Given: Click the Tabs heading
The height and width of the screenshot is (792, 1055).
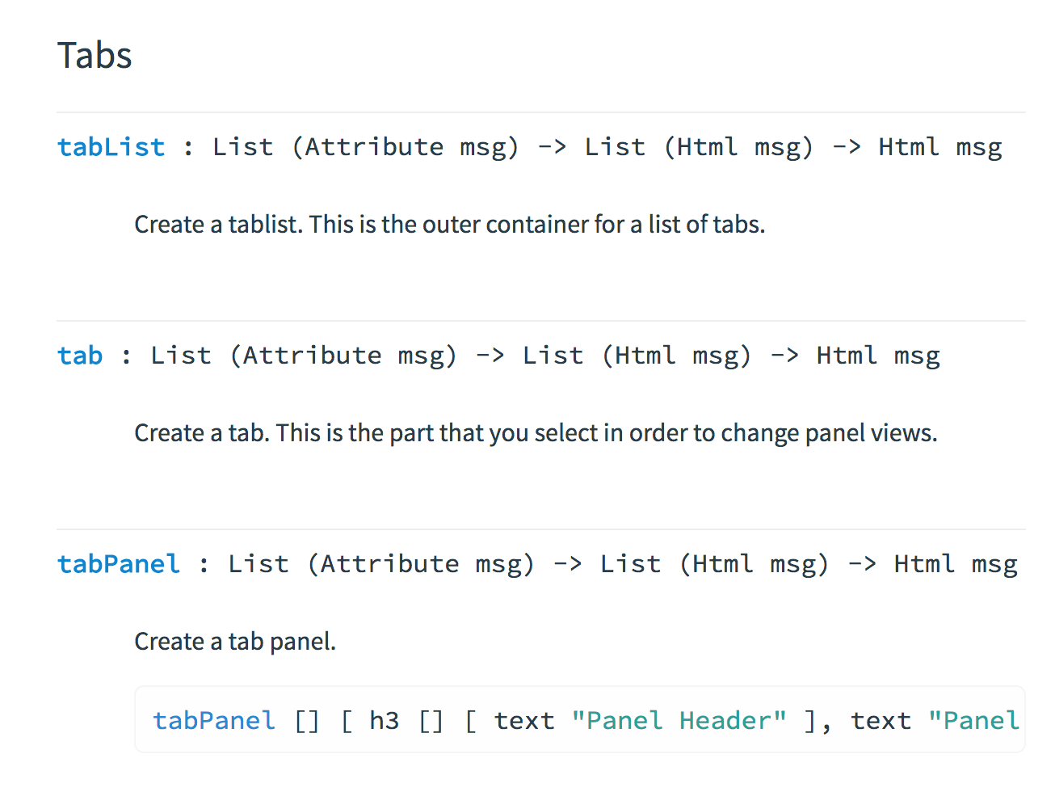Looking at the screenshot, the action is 95,56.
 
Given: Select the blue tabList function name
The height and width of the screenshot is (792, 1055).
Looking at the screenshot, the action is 111,147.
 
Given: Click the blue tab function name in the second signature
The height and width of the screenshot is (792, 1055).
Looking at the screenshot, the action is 80,356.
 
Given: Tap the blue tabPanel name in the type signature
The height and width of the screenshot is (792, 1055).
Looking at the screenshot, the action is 119,564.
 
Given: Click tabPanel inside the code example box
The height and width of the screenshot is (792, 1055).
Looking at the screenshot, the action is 214,721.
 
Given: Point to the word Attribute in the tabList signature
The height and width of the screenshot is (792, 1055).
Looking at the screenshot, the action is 374,147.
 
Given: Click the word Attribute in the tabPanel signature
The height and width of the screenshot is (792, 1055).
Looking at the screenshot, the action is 389,564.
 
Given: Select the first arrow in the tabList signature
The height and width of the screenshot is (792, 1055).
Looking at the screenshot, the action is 553,147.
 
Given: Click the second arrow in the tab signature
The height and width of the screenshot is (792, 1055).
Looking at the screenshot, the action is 784,356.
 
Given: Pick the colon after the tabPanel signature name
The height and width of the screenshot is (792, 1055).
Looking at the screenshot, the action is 204,564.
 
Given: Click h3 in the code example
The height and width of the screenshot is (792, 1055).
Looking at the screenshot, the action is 384,721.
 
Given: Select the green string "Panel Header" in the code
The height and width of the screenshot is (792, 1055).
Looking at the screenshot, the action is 679,721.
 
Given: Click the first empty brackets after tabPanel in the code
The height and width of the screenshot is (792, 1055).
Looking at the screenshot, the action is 307,721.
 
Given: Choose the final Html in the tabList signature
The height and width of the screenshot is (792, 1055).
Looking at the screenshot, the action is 909,147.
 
